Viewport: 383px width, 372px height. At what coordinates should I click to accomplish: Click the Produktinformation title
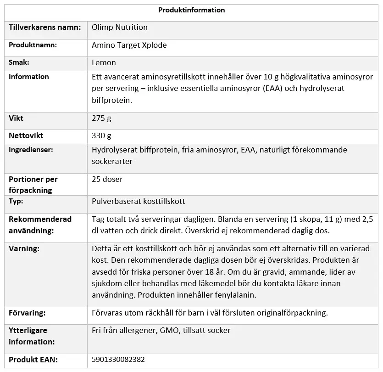pos(191,10)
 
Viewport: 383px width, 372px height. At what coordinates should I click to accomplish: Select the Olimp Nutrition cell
pos(120,27)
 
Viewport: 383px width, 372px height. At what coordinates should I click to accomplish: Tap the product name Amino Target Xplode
pos(129,45)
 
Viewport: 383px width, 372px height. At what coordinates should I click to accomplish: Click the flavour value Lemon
pos(104,62)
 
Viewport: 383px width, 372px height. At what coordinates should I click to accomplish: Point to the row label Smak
pos(19,62)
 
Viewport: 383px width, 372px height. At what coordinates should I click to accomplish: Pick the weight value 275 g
pos(101,118)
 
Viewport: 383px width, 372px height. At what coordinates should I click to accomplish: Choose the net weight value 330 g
pos(101,135)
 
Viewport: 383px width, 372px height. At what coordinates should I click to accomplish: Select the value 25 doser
pos(107,179)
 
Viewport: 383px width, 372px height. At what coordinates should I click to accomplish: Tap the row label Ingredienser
pos(31,150)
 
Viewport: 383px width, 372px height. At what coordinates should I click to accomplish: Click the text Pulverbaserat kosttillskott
pos(139,201)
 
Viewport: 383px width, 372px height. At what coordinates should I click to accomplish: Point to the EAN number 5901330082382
pos(118,360)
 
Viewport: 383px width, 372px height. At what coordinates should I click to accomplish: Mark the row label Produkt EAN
pos(33,360)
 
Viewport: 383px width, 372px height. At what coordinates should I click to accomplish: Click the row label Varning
pos(24,248)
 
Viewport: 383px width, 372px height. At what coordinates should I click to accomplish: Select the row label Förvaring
pos(27,313)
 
